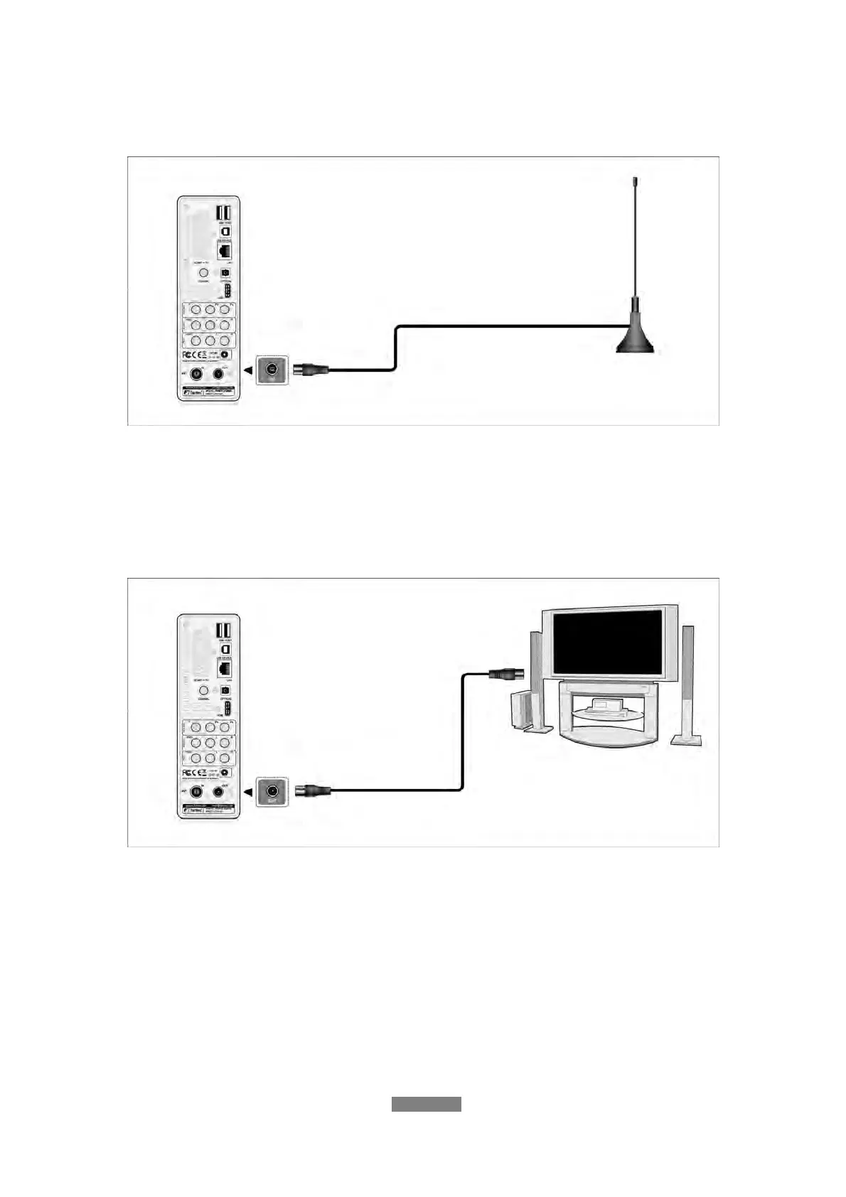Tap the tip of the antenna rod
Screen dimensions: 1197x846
[635, 180]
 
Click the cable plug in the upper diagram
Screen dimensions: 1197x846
[311, 369]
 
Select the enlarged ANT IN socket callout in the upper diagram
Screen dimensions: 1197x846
[272, 369]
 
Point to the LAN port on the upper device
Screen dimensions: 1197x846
[225, 251]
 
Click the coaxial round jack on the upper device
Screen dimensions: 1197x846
[203, 272]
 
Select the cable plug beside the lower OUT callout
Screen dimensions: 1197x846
[311, 789]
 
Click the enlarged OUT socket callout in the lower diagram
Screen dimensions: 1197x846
[272, 790]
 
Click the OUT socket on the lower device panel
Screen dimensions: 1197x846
[219, 791]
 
